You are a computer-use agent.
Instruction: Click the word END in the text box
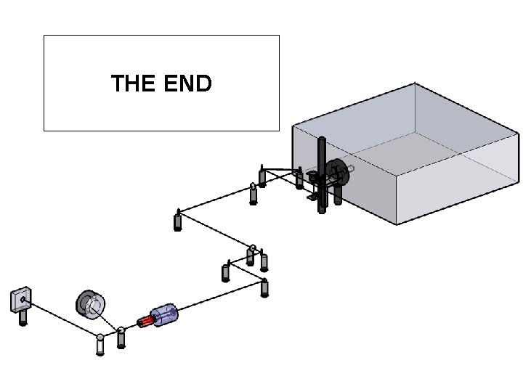click(188, 83)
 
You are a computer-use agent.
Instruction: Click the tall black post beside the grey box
click(322, 174)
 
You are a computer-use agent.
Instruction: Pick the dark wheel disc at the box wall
click(335, 171)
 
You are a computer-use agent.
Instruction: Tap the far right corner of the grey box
click(519, 134)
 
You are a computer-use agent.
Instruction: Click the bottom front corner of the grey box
click(396, 224)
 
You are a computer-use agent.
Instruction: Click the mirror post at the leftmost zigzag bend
click(177, 220)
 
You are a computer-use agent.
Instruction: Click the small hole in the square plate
click(23, 298)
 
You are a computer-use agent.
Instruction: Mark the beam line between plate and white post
click(62, 317)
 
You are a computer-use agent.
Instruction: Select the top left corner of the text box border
click(44, 36)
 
